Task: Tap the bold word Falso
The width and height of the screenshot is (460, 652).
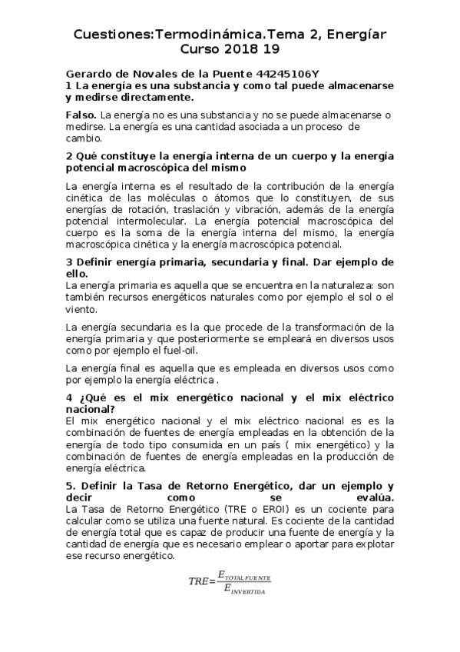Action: point(81,114)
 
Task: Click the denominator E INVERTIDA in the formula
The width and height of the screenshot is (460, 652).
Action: point(242,590)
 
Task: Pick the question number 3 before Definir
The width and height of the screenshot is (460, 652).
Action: point(68,262)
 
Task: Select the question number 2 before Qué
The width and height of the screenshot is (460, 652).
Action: point(68,156)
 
